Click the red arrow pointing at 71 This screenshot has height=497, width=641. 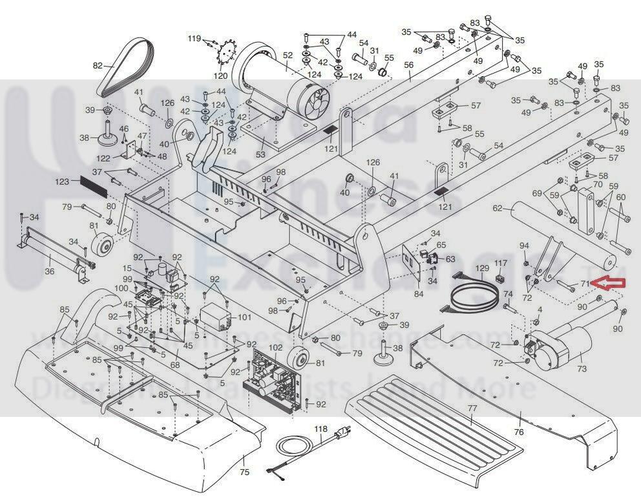(610, 282)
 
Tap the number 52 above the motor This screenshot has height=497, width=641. (288, 56)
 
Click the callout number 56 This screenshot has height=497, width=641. (408, 65)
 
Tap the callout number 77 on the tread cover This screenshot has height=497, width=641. (472, 408)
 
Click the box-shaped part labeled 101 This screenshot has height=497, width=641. (217, 318)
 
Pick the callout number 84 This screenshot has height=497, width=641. (419, 294)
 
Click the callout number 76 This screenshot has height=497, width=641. (518, 431)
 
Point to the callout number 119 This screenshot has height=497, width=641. (194, 39)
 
